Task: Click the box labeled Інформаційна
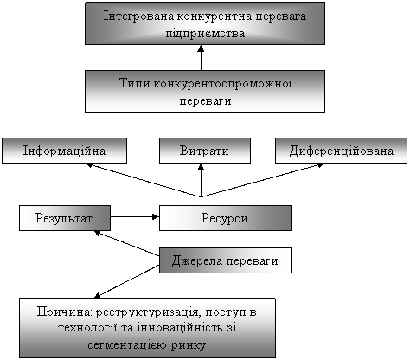64,151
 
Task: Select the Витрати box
205,151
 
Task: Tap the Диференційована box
341,151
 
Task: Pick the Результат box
65,218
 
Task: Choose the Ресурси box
226,218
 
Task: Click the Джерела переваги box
226,260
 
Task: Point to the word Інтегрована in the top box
138,16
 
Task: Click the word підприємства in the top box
205,34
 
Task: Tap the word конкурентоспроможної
222,84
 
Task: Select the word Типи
135,84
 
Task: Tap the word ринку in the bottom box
189,345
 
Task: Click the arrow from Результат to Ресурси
135,216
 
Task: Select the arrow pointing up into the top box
201,57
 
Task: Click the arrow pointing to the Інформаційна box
144,180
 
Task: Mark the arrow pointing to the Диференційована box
262,180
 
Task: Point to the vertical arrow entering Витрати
201,180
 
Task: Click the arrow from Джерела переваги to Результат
127,243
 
